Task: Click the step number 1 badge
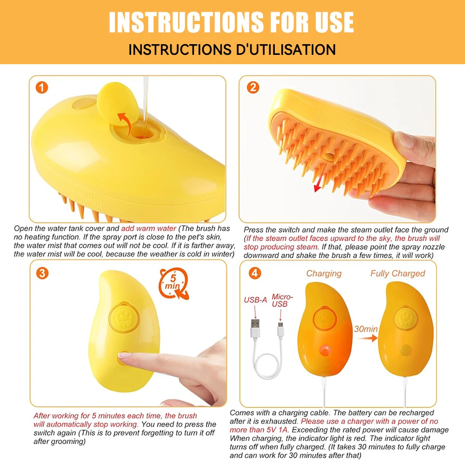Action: (42, 87)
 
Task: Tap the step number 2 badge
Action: (253, 87)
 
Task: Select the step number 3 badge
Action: (42, 273)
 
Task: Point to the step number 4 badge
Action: (254, 273)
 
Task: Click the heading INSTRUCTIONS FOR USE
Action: (231, 22)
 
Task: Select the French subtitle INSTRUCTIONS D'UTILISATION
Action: (232, 49)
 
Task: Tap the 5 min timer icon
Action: (173, 282)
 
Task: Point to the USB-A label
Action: (255, 300)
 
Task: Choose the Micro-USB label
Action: (282, 300)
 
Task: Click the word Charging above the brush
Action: (324, 273)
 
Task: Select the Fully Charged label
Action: (398, 273)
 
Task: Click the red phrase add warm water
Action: (149, 228)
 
